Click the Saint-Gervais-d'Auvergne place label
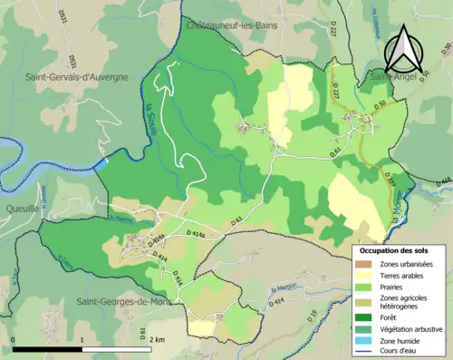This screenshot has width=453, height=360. (x=77, y=78)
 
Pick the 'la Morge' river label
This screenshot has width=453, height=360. (x=400, y=218)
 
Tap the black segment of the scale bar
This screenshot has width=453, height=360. (x=48, y=349)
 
